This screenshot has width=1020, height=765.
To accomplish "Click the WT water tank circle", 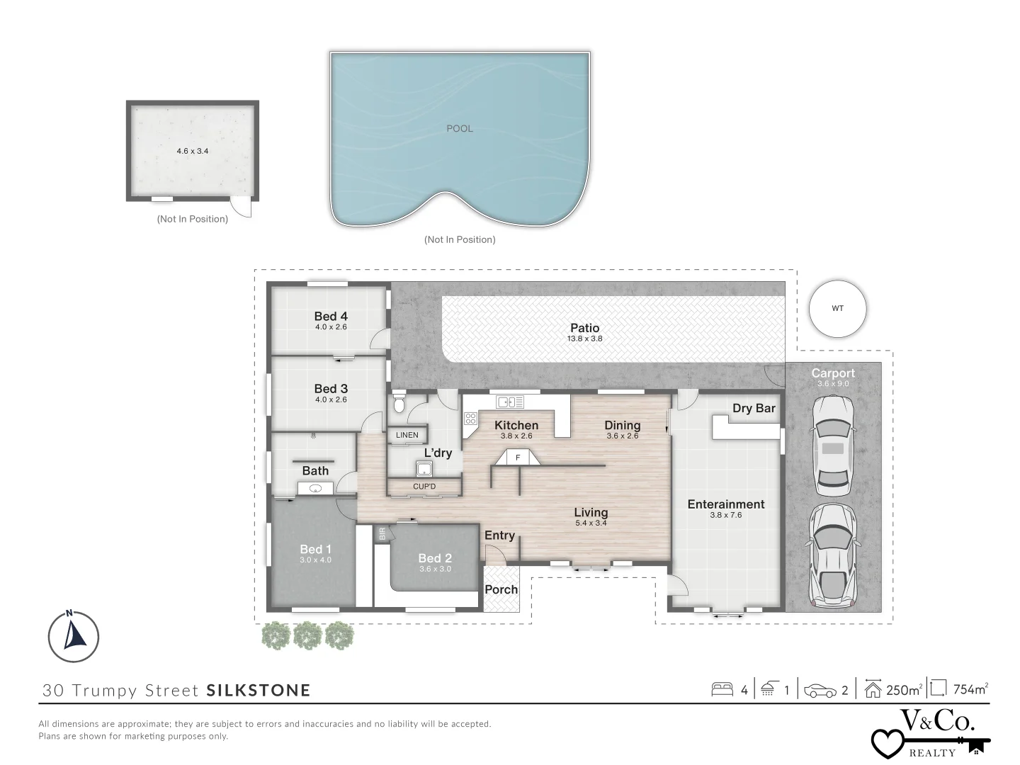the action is [837, 308].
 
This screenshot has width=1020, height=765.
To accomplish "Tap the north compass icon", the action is [74, 636].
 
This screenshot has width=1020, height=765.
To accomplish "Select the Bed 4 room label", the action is [331, 317].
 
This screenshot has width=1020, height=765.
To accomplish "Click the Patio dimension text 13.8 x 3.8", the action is [584, 339].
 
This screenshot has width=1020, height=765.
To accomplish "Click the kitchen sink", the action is [510, 402].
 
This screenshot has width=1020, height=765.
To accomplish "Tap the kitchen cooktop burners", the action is [470, 419].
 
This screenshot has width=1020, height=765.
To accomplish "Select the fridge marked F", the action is [518, 458].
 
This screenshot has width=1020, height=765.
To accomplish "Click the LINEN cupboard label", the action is [407, 435].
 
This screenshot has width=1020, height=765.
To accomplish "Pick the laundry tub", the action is [424, 469].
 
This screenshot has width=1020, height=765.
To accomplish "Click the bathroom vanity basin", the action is [315, 488].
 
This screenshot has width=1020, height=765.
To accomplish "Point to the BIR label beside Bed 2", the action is [382, 533].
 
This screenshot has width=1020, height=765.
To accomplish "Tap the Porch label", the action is [501, 589].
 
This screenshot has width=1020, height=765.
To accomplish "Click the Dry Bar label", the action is [754, 408].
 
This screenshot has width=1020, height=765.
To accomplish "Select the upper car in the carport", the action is [833, 446].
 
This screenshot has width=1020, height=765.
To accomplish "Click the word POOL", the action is [460, 129].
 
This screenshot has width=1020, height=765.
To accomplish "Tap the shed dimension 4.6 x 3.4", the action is [193, 151].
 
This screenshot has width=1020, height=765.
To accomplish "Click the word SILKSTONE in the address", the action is [259, 690].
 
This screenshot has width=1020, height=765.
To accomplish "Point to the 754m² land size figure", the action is [970, 689].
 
